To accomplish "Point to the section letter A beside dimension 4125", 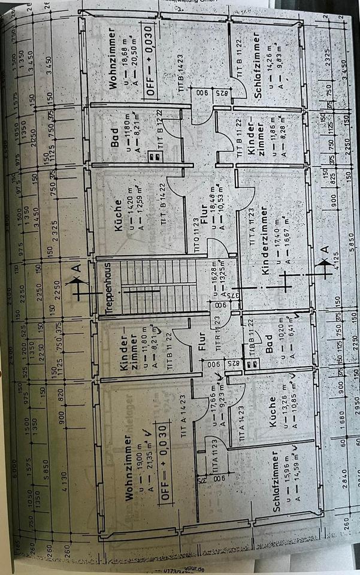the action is tap(324, 248).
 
